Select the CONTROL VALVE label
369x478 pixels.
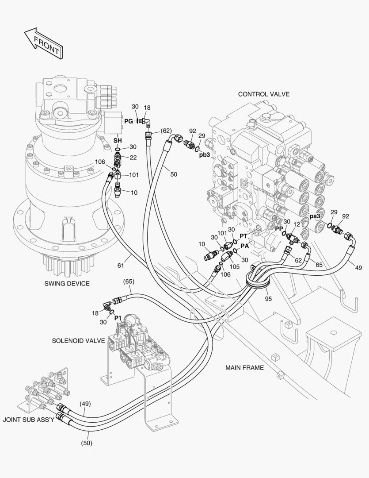click(x=263, y=94)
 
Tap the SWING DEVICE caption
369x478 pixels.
click(x=67, y=283)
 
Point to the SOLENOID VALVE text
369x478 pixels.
click(x=78, y=341)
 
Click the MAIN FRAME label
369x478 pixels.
click(x=244, y=367)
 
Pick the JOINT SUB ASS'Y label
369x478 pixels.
click(x=28, y=419)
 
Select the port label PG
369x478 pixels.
click(x=128, y=121)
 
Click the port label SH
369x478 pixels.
click(x=118, y=140)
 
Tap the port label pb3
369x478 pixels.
click(x=204, y=154)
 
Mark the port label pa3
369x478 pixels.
click(x=314, y=216)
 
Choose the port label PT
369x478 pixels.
click(x=243, y=236)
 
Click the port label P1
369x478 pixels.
click(x=118, y=318)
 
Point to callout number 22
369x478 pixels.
click(x=133, y=158)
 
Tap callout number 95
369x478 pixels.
click(x=268, y=298)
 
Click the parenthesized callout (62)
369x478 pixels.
click(x=166, y=131)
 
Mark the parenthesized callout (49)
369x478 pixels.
click(x=85, y=403)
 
